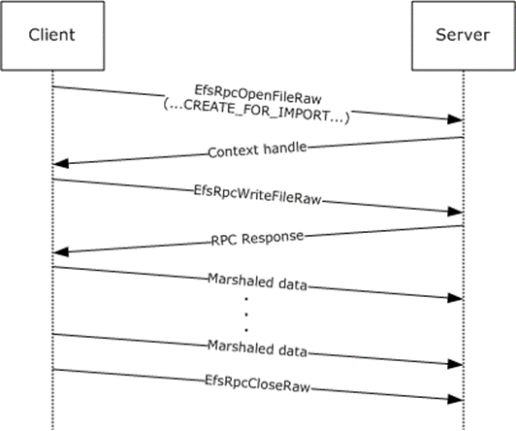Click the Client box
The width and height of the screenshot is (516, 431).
point(52,36)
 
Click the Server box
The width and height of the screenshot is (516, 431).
point(463,36)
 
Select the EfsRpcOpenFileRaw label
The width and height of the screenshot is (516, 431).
point(258,94)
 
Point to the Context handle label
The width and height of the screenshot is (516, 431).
point(257,150)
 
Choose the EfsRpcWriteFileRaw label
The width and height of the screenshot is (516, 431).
point(257,194)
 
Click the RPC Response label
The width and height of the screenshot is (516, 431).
point(257,239)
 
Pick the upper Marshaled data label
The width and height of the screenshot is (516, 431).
point(257,282)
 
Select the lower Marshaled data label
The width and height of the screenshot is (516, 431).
point(257,348)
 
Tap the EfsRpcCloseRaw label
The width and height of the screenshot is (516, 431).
point(257,383)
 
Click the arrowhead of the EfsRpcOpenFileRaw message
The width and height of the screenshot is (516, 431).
point(456,119)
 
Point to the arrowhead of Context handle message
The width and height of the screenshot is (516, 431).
point(60,163)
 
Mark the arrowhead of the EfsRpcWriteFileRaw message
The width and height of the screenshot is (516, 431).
point(456,212)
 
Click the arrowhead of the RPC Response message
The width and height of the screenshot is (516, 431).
point(60,252)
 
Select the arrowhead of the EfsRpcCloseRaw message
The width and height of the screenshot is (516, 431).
point(456,399)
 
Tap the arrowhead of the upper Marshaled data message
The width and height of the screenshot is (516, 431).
point(456,298)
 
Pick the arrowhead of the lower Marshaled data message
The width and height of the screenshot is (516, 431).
point(456,364)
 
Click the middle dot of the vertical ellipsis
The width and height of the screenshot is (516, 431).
point(246,315)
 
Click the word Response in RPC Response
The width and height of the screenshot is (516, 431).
point(273,237)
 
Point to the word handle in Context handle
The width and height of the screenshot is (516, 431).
point(285,149)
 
